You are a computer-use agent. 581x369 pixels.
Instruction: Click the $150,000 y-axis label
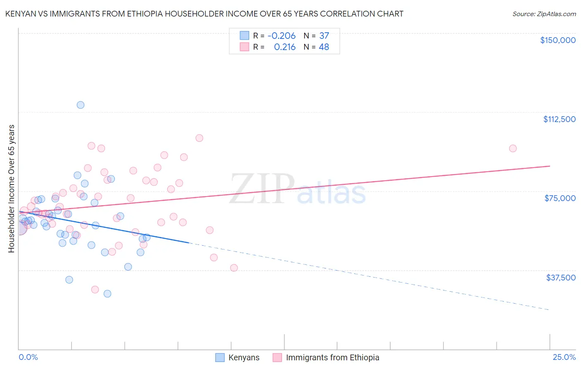[557, 40]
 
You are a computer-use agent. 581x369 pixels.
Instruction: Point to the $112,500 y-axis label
[559, 119]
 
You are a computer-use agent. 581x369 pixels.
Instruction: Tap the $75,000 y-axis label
[560, 198]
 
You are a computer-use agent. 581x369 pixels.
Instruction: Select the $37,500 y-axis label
[561, 278]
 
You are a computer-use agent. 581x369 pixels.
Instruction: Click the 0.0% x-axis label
[28, 357]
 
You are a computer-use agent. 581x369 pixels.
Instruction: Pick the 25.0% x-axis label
[564, 357]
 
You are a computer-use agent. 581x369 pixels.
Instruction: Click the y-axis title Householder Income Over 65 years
[11, 189]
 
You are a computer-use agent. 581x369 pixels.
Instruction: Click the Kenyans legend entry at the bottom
[244, 358]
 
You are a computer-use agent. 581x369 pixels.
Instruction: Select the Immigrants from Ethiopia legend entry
[332, 358]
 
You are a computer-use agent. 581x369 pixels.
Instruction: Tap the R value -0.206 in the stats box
[281, 36]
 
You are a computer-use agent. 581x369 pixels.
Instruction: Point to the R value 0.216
[285, 47]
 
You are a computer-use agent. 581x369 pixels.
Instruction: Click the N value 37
[324, 36]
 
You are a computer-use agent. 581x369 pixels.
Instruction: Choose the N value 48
[324, 47]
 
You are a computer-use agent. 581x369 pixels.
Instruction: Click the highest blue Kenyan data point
[81, 105]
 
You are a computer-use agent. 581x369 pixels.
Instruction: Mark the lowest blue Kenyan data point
[107, 294]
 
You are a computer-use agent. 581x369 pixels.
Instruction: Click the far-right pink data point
[513, 149]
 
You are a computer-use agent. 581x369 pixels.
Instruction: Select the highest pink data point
[199, 138]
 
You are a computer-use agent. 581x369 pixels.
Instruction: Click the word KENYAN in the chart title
[20, 14]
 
